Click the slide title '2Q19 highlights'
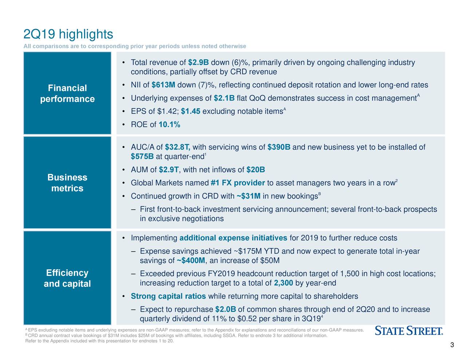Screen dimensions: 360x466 (x=68, y=35)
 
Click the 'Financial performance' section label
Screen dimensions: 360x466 (x=67, y=94)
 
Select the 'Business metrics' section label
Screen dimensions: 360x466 (x=67, y=183)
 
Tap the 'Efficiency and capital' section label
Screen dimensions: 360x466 (x=67, y=278)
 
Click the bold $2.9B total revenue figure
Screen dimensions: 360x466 (x=198, y=63)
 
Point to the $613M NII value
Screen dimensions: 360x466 (x=163, y=85)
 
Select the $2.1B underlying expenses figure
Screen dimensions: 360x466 (x=224, y=98)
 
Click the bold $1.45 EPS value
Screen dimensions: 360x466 (x=190, y=111)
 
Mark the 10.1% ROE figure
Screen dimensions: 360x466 (x=169, y=125)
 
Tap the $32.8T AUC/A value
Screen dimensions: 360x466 (x=178, y=147)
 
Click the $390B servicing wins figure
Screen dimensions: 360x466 (x=279, y=147)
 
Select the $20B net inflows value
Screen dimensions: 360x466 (x=256, y=170)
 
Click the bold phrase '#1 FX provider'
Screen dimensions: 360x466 (x=237, y=183)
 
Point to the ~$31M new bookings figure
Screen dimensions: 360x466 (x=248, y=197)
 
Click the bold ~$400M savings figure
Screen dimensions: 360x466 (x=191, y=261)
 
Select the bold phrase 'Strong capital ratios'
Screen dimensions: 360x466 (x=168, y=296)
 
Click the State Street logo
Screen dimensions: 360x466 (x=408, y=331)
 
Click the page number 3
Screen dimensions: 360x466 (x=452, y=345)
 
